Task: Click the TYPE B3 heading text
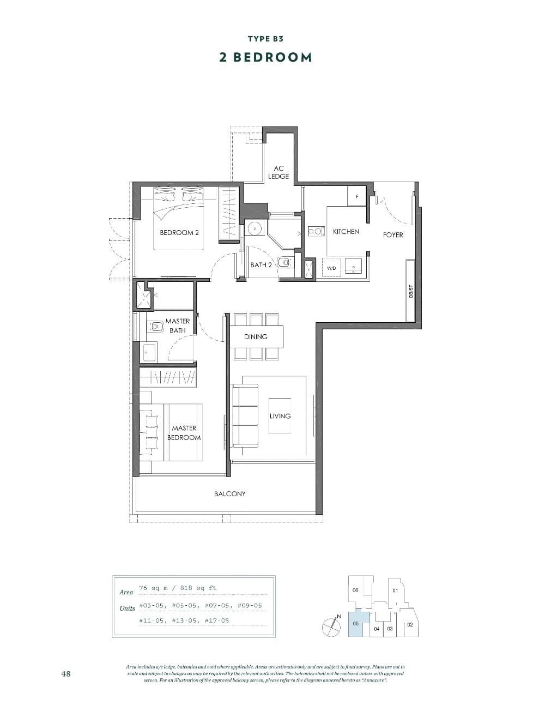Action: coord(265,39)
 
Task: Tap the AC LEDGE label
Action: coord(278,172)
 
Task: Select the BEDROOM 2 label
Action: coord(179,233)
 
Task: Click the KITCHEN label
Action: coord(346,232)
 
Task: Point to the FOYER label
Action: coord(393,235)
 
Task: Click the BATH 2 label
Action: coord(261,265)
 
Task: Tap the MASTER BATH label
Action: coord(178,326)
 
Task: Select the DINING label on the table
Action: coord(256,337)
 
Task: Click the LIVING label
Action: coord(280,416)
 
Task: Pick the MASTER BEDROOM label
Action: coord(184,433)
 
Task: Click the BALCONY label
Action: coord(229,494)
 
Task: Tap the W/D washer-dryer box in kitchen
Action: coord(331,268)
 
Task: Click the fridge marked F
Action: coord(357,197)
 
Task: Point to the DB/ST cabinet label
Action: coord(411,292)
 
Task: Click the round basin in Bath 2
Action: coord(253,228)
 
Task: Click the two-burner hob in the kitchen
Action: coord(316,231)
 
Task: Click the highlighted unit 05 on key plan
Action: coord(355,623)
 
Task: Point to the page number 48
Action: coord(66,674)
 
